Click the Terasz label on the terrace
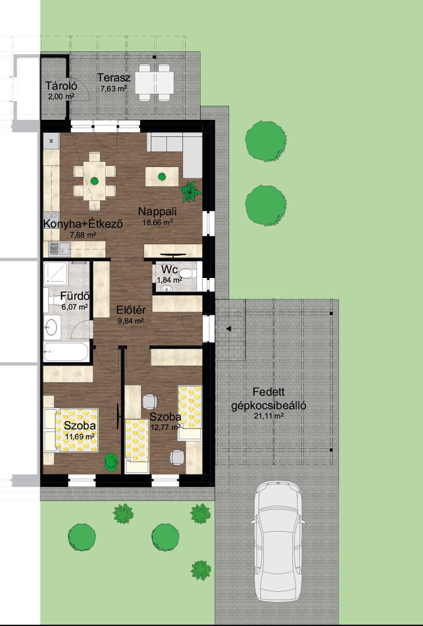114,78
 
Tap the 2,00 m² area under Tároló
61,96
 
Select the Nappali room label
157,212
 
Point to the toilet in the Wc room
188,273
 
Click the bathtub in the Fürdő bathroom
66,352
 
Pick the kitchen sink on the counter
59,249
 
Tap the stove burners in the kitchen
51,220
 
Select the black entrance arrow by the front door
229,329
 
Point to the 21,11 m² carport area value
269,416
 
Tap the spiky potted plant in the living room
190,191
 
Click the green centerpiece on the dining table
94,181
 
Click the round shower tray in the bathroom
55,274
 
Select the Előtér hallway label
131,310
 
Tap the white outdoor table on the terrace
154,82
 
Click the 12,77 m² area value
166,427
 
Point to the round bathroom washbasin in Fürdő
52,327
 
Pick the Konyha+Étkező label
83,224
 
